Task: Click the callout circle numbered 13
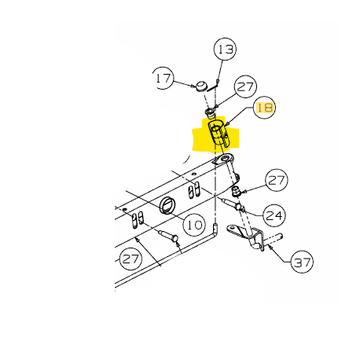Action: pos(225,49)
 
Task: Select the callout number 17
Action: pos(163,78)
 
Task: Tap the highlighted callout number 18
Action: pos(265,107)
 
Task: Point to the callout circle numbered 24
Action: pos(274,215)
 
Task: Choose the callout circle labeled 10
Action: pos(194,224)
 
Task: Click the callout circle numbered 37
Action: pos(302,262)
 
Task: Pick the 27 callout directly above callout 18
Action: pos(245,86)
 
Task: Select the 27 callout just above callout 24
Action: pos(277,180)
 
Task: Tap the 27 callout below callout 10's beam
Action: pos(130,259)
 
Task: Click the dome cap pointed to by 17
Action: pos(202,86)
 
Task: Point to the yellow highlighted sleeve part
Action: pos(219,133)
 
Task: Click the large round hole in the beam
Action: pos(167,205)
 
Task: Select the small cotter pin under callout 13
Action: pos(214,86)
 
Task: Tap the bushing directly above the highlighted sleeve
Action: pos(210,113)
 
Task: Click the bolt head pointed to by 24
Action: pos(239,207)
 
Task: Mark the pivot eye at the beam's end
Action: pos(225,159)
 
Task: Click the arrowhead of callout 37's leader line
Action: pos(270,247)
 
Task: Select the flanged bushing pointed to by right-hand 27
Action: pos(237,191)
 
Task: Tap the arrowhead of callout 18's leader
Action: pos(228,123)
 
